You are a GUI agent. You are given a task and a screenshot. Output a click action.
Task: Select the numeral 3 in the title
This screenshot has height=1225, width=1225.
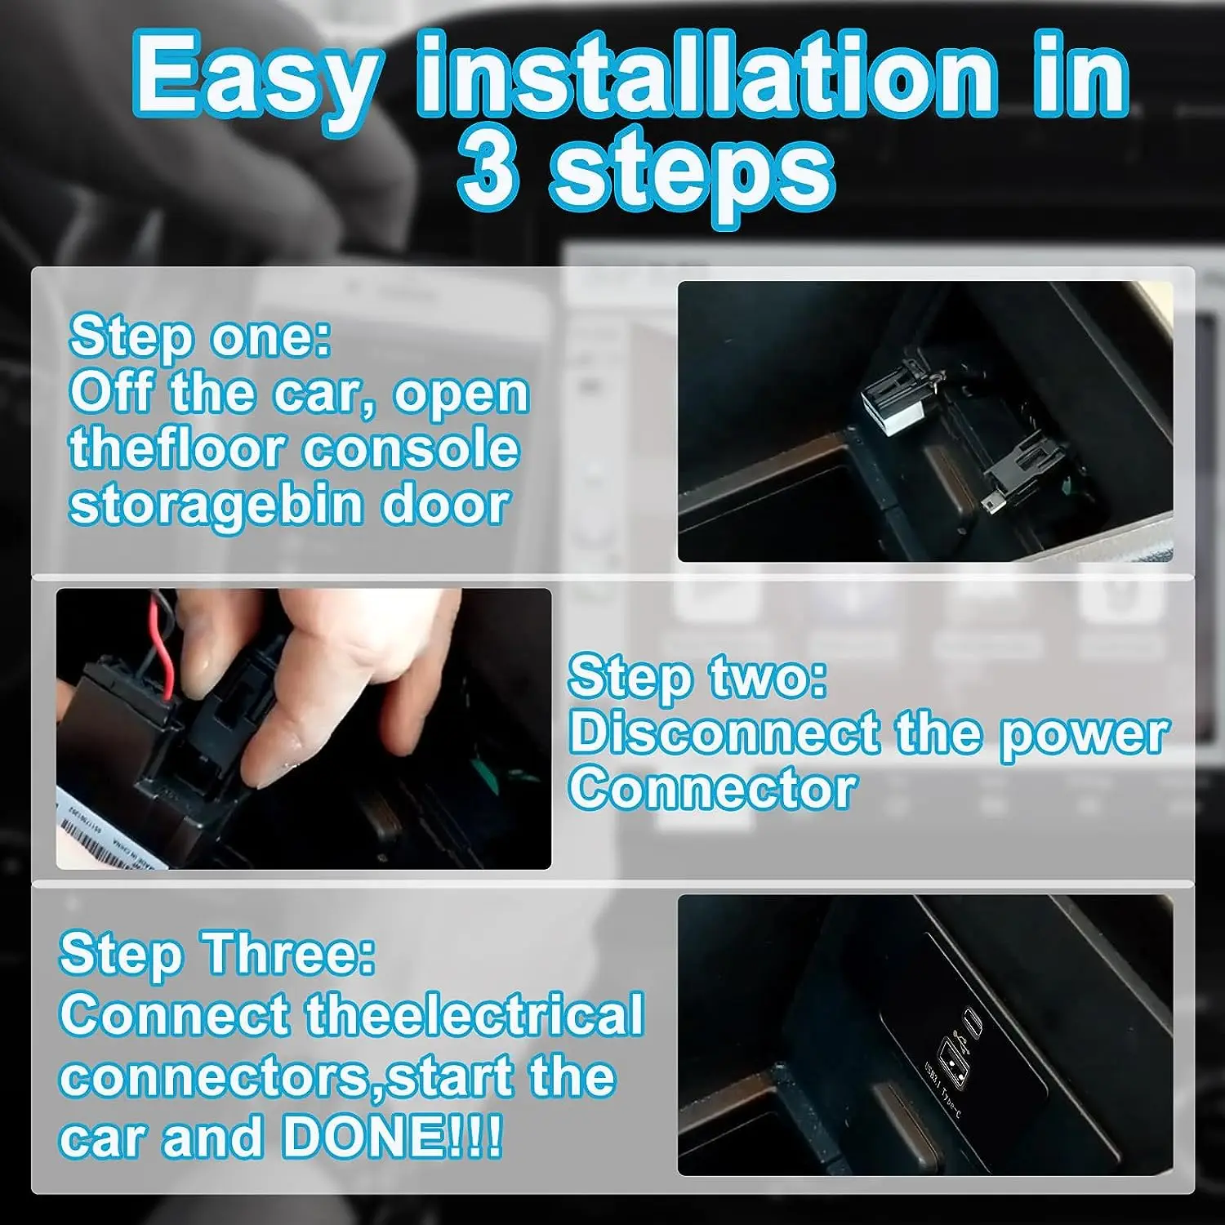pyautogui.click(x=488, y=171)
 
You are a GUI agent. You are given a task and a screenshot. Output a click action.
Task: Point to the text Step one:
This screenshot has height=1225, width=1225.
pyautogui.click(x=200, y=336)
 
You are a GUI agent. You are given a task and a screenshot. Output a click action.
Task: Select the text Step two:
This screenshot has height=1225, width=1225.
pyautogui.click(x=697, y=677)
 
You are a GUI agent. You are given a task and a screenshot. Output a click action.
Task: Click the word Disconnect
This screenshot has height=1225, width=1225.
pyautogui.click(x=724, y=733)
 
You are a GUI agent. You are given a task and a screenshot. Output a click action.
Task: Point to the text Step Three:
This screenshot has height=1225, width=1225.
pyautogui.click(x=217, y=953)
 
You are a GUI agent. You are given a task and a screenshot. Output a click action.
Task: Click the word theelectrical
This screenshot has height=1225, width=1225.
pyautogui.click(x=474, y=1015)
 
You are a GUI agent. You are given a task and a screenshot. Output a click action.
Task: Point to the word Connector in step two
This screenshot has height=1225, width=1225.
pyautogui.click(x=712, y=790)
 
